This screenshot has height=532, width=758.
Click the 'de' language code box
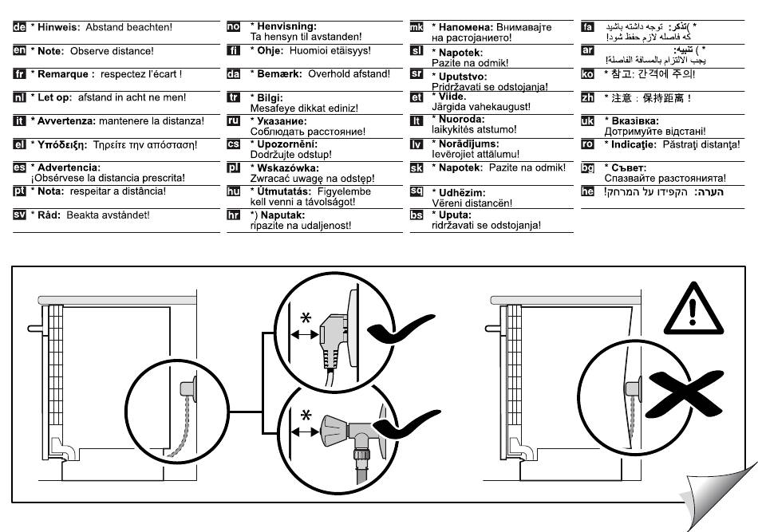(x=20, y=27)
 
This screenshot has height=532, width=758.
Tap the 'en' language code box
(x=20, y=50)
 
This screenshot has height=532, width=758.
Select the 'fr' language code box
(x=20, y=73)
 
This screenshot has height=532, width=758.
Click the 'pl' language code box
(x=234, y=168)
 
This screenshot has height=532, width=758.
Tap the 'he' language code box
(x=588, y=191)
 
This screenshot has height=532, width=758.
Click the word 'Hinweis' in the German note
(x=58, y=27)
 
